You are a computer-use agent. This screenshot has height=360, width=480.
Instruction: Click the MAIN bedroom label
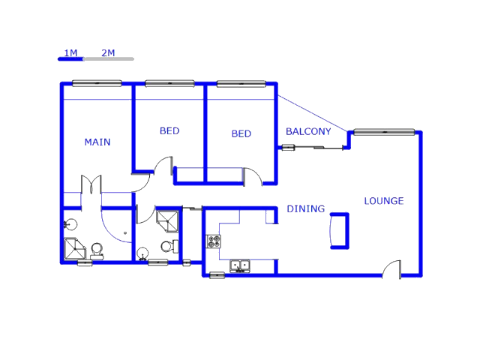pos(97,142)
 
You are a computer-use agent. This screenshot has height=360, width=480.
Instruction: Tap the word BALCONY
pos(307,131)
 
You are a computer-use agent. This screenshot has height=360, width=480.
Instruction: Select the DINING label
pos(305,208)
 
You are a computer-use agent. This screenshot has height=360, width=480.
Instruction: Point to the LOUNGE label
pos(383,200)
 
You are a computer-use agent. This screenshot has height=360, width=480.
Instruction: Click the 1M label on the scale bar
pos(70,52)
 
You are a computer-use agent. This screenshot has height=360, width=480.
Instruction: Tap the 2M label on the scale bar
pos(108,52)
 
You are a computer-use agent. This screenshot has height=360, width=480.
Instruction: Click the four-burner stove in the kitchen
pos(214,241)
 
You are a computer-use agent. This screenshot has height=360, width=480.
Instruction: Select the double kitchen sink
pos(240,265)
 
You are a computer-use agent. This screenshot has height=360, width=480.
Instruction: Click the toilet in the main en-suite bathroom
pos(97,250)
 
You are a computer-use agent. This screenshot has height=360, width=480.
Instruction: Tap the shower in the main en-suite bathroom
pos(74,248)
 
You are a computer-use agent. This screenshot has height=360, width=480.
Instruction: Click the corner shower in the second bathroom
pos(168,220)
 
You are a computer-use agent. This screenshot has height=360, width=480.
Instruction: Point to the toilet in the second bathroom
pos(167,246)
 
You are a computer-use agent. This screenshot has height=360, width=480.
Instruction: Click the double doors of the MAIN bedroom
pos(91,184)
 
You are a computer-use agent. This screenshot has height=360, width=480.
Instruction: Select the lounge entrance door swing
pos(391,268)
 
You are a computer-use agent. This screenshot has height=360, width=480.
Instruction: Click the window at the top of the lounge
pos(384,132)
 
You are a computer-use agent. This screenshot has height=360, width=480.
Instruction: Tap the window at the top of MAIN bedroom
pos(96,82)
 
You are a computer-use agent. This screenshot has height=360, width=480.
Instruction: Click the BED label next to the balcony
pos(241,133)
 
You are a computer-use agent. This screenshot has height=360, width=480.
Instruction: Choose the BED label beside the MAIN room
pos(169,130)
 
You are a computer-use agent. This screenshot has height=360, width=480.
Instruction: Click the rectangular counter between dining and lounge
pos(339,230)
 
